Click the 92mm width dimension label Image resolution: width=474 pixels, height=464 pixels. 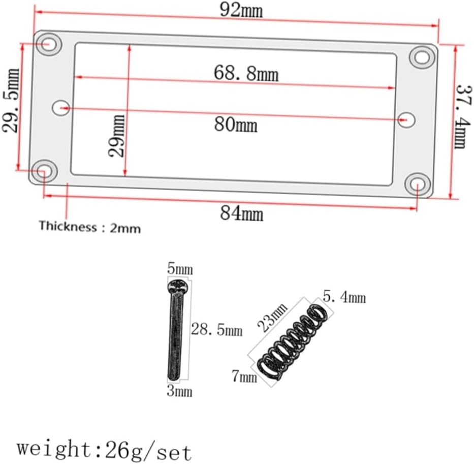[x=241, y=11]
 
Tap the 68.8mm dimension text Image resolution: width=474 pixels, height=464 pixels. [x=246, y=74]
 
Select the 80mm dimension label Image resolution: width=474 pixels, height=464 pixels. [x=236, y=125]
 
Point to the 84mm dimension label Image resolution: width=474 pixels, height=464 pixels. [x=241, y=213]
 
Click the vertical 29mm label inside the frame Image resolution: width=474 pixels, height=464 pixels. [x=117, y=136]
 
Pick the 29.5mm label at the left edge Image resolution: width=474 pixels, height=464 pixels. [x=11, y=101]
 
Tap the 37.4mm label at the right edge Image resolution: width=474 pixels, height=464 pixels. [x=464, y=116]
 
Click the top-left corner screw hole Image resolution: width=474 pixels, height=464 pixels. [x=49, y=44]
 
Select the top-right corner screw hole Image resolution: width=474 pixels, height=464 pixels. [x=422, y=57]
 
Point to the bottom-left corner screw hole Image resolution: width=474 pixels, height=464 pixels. [x=45, y=171]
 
